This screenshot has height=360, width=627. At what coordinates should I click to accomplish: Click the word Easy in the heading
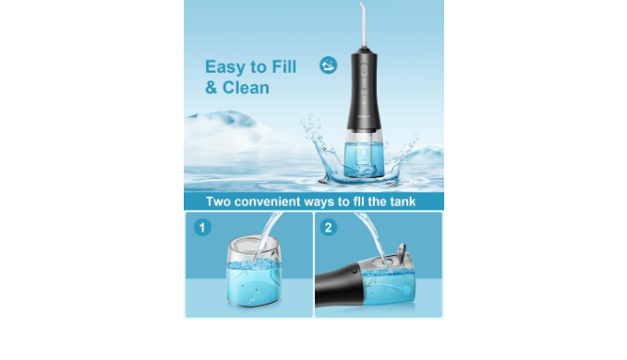(224, 67)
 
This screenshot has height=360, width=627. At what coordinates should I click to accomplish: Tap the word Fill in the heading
(283, 66)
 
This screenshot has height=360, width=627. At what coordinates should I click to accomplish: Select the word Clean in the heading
(246, 88)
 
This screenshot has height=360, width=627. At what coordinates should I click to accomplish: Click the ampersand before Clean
(211, 88)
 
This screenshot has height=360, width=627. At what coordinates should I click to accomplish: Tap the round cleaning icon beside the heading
(329, 66)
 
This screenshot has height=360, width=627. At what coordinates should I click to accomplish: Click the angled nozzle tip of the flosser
(362, 6)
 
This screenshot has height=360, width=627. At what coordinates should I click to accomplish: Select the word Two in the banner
(218, 201)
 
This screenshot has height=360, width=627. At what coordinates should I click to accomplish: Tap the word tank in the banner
(403, 201)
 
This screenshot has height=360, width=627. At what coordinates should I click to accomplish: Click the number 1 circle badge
(202, 227)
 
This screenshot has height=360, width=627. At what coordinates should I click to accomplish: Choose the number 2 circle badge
(329, 227)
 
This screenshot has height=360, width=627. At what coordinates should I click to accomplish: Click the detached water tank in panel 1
(254, 270)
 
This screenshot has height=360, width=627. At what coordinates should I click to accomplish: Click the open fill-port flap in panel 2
(401, 249)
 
